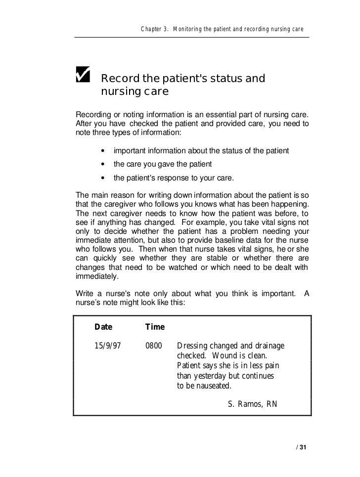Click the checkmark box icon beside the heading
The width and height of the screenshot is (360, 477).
point(82,75)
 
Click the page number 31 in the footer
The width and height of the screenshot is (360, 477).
point(303,448)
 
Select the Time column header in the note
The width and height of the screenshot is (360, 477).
point(155,327)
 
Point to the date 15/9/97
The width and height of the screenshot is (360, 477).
point(108,346)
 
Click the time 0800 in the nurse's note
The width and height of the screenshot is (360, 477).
point(154,346)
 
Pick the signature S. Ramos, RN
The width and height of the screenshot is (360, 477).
point(252,404)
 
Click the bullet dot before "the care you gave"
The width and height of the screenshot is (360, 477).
point(102,164)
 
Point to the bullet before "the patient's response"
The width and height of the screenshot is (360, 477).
point(102,178)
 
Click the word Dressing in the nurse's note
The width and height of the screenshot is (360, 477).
point(193,346)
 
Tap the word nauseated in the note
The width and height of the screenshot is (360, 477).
point(210,386)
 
